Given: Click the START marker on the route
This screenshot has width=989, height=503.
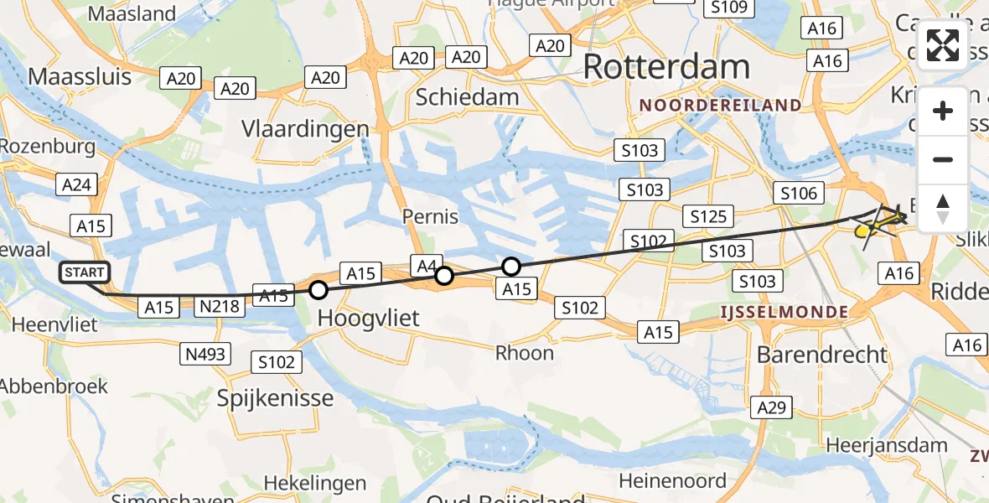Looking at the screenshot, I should click(85, 272).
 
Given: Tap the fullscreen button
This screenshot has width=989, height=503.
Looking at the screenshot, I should click(943, 45).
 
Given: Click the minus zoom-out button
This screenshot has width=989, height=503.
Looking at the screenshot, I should click(943, 159).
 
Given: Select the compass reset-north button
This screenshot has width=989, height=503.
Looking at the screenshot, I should click(943, 209).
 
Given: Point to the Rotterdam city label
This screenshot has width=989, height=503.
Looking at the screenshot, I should click(666, 67).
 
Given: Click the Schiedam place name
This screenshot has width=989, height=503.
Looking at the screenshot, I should click(468, 97).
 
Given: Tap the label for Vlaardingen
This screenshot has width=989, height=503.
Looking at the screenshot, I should click(305, 129).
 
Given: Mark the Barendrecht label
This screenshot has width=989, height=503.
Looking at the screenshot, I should click(821, 355).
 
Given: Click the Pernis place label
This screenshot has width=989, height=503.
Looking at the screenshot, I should click(429, 216).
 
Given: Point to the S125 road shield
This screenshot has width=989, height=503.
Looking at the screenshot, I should click(708, 217).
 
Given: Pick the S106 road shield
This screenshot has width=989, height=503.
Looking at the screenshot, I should click(798, 194).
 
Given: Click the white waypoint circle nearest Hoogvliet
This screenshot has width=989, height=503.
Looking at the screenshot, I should click(318, 291).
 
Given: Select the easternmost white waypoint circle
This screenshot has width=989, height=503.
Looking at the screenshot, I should click(510, 267).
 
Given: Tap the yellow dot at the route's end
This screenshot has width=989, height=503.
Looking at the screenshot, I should click(861, 231).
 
